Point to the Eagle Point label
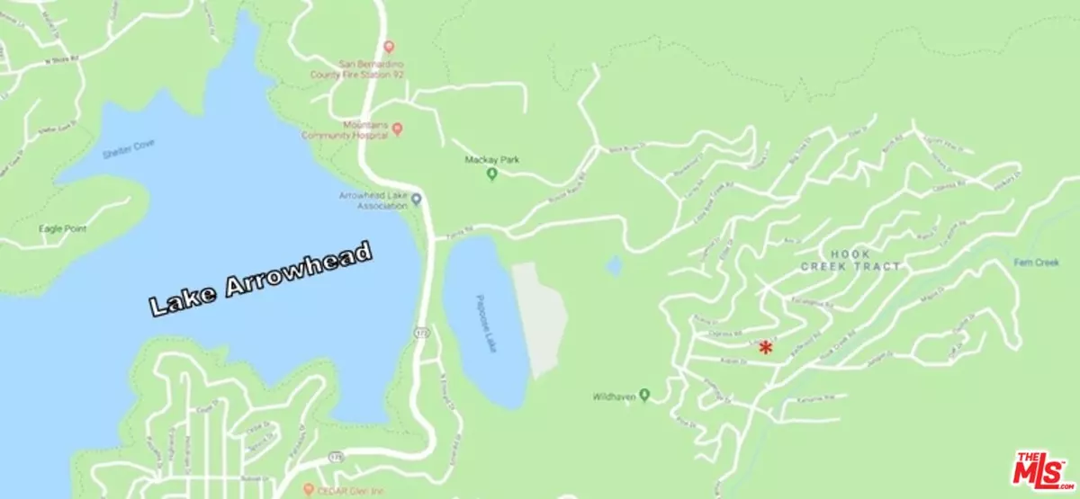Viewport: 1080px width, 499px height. pos(62,228)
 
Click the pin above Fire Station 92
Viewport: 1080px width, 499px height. pos(388,46)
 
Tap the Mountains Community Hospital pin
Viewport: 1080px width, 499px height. pos(397,129)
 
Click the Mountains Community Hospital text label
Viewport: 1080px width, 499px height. pos(365,129)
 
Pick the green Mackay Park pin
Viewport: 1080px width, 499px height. pos(491,174)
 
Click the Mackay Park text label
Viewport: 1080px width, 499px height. pos(491,160)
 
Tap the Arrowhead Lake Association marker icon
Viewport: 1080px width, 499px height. pos(416,199)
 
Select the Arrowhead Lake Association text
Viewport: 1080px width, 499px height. pos(373,200)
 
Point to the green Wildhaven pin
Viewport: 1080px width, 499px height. pos(643,397)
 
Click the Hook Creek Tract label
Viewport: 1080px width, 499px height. pos(851,261)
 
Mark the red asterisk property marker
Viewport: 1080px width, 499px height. pos(765,347)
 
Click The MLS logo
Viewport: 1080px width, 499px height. pos(1042,468)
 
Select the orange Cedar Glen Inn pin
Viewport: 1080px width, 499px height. pos(308,490)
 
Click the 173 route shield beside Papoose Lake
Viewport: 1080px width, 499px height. pos(420,334)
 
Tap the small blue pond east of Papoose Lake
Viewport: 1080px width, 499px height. pos(613,265)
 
